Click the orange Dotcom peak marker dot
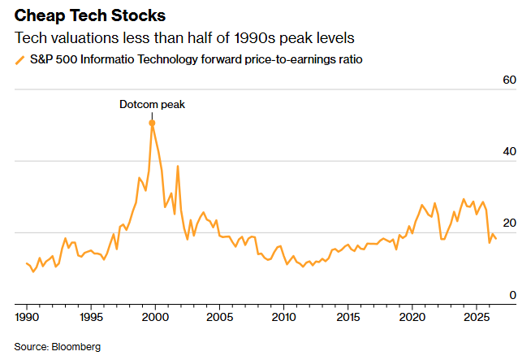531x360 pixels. tap(152, 123)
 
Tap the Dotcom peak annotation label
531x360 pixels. tap(152, 104)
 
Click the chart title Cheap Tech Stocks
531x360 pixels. tap(90, 15)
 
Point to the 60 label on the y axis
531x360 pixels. tap(509, 80)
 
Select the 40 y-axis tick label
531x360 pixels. tap(509, 151)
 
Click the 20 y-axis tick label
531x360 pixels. tap(509, 223)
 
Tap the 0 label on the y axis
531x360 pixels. tap(512, 295)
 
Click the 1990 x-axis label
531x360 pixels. tap(27, 317)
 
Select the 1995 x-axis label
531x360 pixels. tap(91, 317)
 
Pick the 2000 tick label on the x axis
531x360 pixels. tap(155, 317)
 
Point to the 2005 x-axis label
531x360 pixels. tap(219, 317)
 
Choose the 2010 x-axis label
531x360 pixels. tap(284, 317)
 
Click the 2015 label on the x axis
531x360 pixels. tap(348, 317)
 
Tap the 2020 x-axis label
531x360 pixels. tap(412, 317)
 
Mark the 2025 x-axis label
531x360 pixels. tap(477, 317)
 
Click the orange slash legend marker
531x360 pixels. tap(20, 60)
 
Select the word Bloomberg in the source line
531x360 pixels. tap(76, 347)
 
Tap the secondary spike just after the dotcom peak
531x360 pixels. tap(178, 166)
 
